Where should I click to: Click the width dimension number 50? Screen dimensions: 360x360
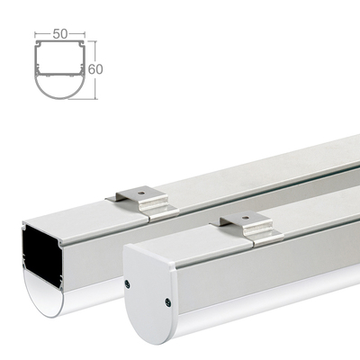tap(60, 33)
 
